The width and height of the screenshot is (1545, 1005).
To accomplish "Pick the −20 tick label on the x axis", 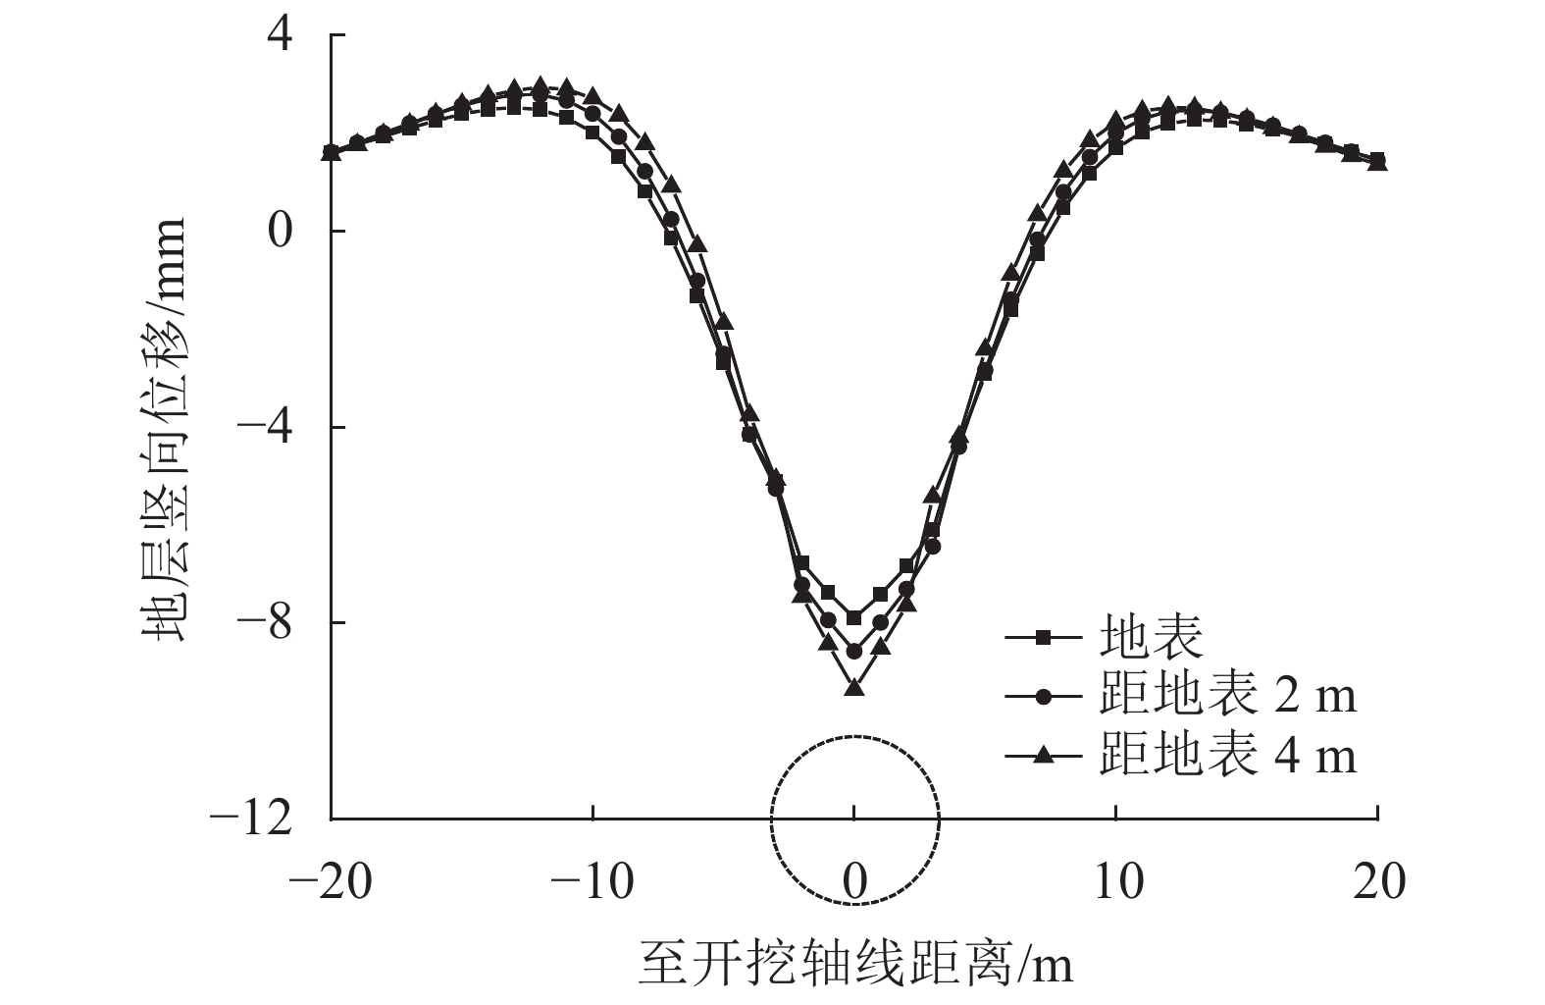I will click(x=331, y=882).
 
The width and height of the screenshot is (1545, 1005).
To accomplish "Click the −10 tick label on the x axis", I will click(x=592, y=882).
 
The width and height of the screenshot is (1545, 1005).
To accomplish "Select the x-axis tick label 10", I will click(x=1116, y=882).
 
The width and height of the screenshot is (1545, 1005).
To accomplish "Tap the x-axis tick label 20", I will click(x=1378, y=882).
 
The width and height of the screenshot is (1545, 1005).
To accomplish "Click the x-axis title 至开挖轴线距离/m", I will click(x=855, y=964).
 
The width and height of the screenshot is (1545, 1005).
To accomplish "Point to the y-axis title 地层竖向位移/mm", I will click(x=162, y=429).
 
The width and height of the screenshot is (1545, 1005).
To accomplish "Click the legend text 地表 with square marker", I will click(x=1151, y=638).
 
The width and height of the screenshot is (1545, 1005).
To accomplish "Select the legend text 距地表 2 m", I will click(x=1228, y=696).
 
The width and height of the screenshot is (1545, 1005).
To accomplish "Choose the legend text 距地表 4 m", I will click(x=1228, y=755).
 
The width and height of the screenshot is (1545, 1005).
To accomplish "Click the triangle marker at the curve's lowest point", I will click(x=854, y=688).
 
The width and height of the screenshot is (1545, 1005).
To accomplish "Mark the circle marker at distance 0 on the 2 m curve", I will click(x=854, y=651).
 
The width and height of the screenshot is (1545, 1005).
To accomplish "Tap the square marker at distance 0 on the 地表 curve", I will click(x=854, y=617).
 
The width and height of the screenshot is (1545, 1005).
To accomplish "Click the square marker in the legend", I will click(x=1044, y=638).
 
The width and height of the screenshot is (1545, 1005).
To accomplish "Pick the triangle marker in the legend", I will click(x=1044, y=755).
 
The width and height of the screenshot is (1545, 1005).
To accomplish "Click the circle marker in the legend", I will click(x=1044, y=696).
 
